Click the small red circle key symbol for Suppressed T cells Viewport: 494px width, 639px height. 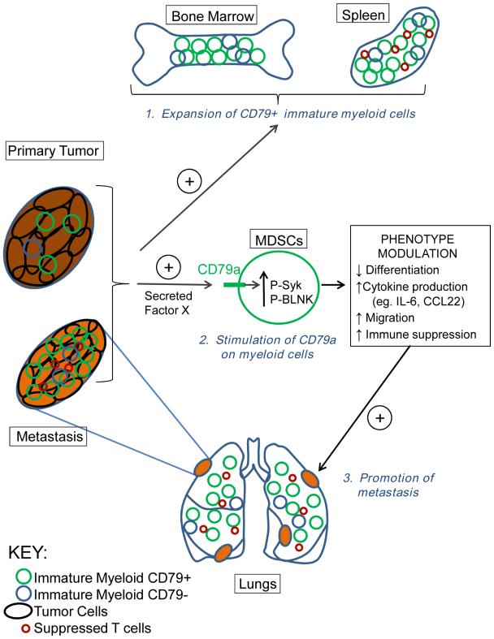pos(28,628)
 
